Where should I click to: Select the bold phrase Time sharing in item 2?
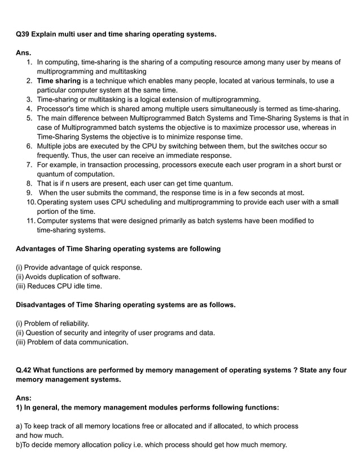click(59, 81)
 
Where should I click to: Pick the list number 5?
click(29, 118)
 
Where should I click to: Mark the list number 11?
click(30, 221)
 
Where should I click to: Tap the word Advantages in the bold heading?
click(38, 249)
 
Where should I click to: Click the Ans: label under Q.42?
click(24, 398)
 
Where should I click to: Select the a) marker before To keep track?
click(19, 426)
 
